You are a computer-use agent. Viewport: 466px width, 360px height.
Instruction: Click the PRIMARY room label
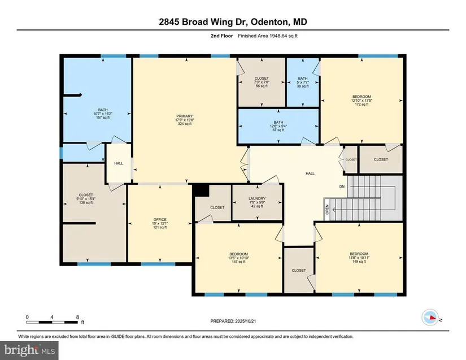(185, 116)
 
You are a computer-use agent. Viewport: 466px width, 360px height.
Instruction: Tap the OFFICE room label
(160, 220)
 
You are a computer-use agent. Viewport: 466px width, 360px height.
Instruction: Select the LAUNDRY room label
(257, 198)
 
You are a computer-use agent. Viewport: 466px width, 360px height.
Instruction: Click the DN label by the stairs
(342, 186)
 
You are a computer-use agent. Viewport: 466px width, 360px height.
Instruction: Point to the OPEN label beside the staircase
(327, 210)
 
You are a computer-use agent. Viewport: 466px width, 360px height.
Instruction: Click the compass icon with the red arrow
(430, 318)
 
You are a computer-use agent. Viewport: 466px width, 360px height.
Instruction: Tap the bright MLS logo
(29, 350)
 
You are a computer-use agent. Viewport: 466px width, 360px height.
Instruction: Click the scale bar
(52, 322)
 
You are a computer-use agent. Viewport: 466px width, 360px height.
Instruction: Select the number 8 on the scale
(77, 317)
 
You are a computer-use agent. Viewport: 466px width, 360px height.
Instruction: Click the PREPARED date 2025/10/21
(246, 321)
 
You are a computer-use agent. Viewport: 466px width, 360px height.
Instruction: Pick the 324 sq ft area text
(185, 124)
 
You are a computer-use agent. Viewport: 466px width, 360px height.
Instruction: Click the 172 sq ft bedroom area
(362, 105)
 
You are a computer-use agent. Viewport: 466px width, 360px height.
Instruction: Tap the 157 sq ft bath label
(103, 118)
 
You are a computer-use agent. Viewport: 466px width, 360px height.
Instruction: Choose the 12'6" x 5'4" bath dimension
(278, 126)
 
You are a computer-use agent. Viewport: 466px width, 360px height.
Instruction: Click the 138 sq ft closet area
(86, 203)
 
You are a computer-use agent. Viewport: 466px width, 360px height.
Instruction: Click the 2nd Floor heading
(222, 36)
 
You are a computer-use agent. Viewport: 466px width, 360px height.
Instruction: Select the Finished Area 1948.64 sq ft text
(268, 36)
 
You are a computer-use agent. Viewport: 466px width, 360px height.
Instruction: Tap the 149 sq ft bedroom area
(359, 262)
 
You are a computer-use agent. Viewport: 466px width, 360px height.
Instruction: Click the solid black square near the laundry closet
(202, 190)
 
